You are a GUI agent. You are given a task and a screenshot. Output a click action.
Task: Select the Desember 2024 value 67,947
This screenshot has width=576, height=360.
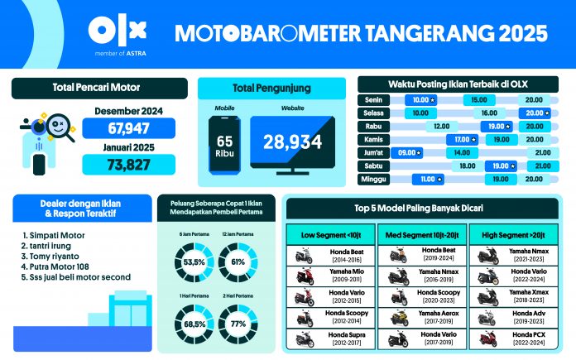click(x=128, y=128)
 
